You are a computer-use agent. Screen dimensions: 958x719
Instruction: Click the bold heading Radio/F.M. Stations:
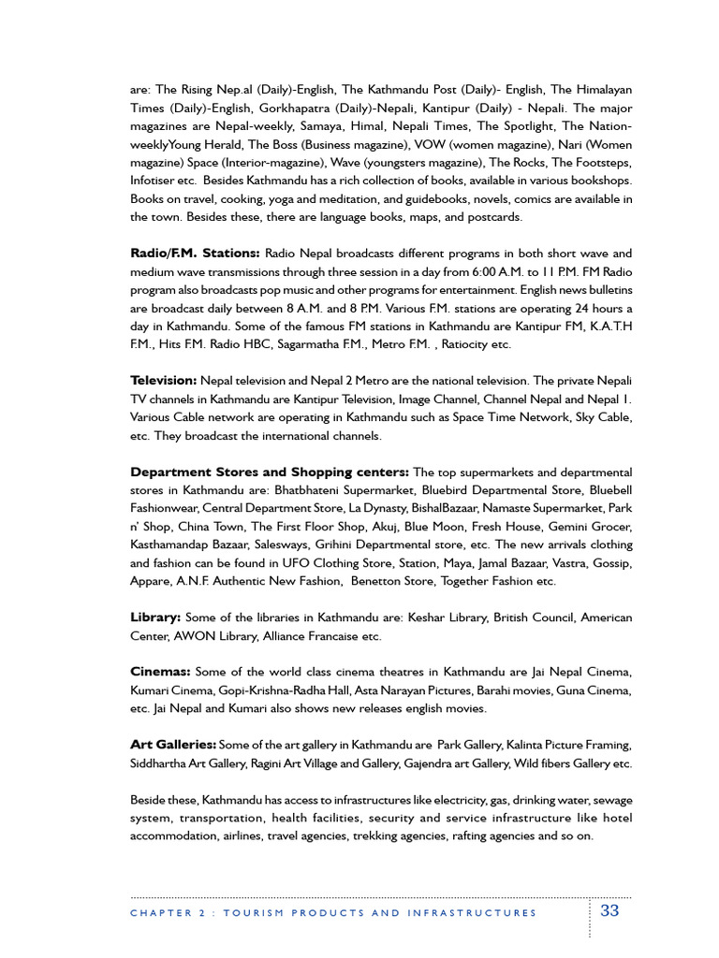pos(195,254)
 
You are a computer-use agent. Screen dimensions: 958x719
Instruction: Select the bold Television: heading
pos(164,381)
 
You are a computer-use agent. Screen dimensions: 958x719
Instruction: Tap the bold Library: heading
pos(155,617)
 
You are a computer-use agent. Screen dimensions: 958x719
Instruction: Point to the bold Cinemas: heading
pos(160,672)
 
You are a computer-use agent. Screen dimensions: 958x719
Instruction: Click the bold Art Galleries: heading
pos(173,745)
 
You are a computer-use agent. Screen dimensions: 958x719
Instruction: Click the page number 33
pos(609,911)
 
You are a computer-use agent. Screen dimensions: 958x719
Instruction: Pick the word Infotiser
pos(157,181)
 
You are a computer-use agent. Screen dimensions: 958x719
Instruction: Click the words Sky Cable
pos(600,417)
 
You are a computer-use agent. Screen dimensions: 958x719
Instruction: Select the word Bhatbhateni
pos(291,490)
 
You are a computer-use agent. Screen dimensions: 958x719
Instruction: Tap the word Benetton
pos(377,581)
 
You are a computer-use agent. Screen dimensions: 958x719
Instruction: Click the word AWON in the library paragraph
pos(195,636)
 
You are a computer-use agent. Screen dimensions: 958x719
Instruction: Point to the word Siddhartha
pos(162,763)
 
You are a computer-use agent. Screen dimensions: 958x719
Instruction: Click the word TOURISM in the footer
pos(259,913)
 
